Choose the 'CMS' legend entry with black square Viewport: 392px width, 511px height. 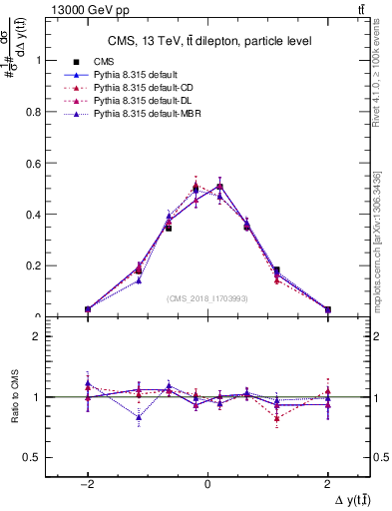pos(103,62)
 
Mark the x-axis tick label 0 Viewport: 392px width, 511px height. pos(207,483)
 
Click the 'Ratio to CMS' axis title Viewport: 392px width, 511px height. pos(13,397)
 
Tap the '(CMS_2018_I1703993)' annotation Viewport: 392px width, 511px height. pos(206,298)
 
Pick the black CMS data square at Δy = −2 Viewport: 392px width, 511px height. pos(88,309)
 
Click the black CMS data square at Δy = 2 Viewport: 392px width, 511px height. pos(327,309)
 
